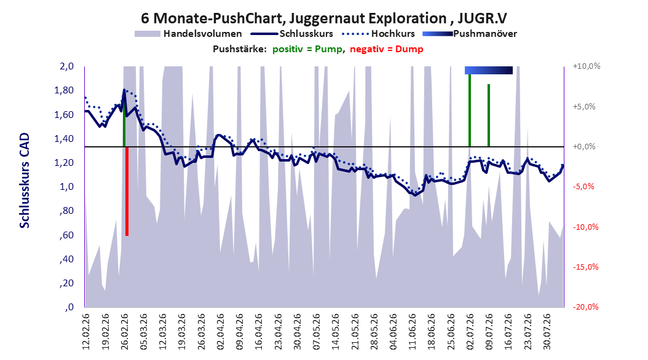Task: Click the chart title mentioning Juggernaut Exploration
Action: click(x=324, y=18)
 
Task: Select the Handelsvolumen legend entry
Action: click(x=189, y=34)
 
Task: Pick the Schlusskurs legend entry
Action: click(x=292, y=34)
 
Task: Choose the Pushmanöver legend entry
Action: click(x=470, y=34)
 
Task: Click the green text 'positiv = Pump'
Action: click(x=307, y=49)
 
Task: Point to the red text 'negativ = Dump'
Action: click(x=387, y=49)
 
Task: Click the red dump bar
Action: click(x=127, y=191)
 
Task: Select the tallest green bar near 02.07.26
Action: click(x=470, y=110)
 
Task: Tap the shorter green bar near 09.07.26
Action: click(x=489, y=115)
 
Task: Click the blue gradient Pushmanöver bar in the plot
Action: click(x=489, y=70)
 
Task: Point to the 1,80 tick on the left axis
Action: click(x=64, y=90)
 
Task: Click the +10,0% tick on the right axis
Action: click(x=586, y=66)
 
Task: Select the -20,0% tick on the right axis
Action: click(x=585, y=307)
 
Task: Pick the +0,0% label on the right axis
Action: click(x=584, y=147)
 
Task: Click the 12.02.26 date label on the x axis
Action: click(x=86, y=332)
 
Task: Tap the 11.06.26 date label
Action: click(x=412, y=332)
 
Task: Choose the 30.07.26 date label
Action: click(x=547, y=332)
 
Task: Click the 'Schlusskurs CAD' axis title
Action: click(x=25, y=180)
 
